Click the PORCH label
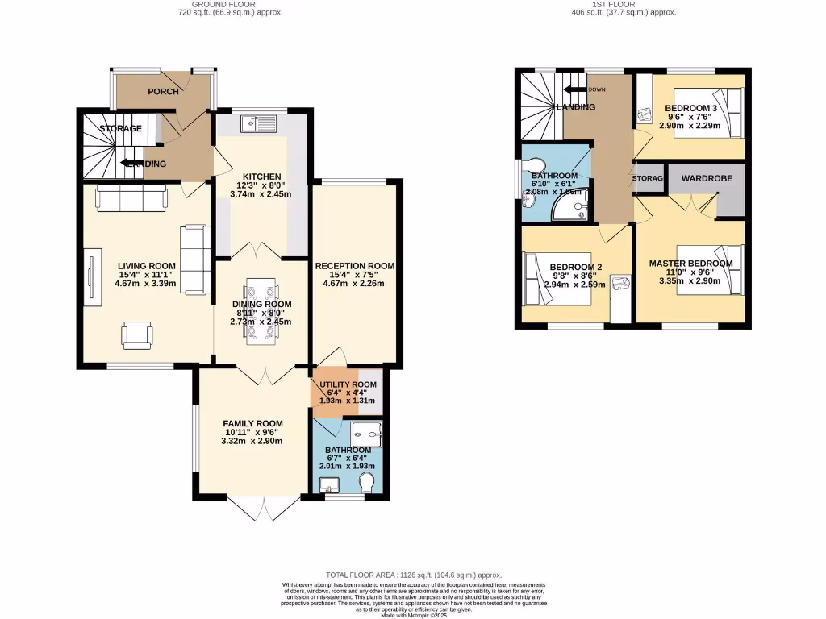coord(163,91)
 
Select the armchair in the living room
coord(137,334)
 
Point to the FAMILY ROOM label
coord(253,424)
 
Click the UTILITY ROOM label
coord(348,384)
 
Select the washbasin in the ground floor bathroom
coord(329,486)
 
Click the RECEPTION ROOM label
coord(354,266)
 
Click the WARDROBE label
coord(707,178)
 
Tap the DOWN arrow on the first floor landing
coord(578,89)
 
